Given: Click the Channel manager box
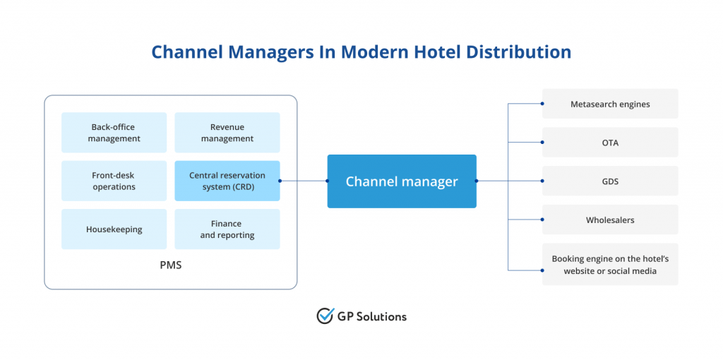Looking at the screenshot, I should (401, 181).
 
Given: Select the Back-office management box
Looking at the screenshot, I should (114, 133).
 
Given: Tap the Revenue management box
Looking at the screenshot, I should (227, 133).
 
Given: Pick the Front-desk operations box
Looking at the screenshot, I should (114, 181).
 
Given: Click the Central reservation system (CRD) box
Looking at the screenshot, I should (227, 181).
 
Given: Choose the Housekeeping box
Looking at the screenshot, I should (114, 229).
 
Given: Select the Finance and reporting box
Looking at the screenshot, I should (227, 229).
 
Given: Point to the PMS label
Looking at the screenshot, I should (170, 268).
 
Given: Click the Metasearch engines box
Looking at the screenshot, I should (610, 104).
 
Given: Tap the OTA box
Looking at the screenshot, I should (610, 143).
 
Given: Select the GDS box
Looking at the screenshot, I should (610, 181).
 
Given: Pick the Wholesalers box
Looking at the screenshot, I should (610, 220).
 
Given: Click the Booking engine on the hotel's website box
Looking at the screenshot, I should (610, 265).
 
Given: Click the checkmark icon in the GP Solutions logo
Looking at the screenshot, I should (325, 316).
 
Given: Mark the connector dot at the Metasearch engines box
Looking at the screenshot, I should (542, 104).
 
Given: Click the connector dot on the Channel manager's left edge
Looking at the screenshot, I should (327, 181).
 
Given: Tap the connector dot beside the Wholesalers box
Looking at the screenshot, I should (542, 220).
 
